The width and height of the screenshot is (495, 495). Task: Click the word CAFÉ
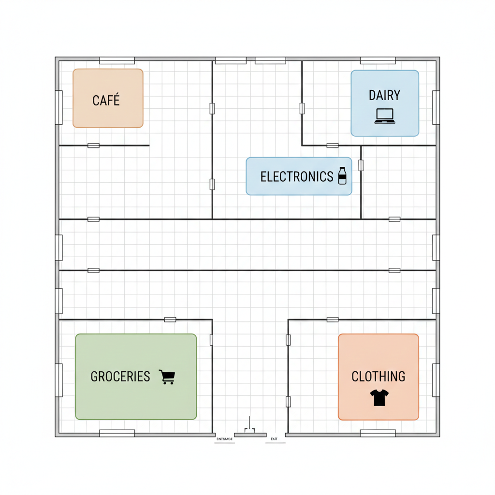pyautogui.click(x=106, y=101)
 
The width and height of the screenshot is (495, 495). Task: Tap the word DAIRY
pyautogui.click(x=384, y=95)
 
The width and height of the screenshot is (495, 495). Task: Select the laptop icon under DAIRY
pyautogui.click(x=385, y=116)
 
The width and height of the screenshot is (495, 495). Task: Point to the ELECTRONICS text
pyautogui.click(x=297, y=177)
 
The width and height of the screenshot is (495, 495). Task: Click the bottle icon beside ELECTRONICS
pyautogui.click(x=342, y=176)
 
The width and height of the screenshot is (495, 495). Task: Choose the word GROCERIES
pyautogui.click(x=120, y=377)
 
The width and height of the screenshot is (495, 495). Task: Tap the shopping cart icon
pyautogui.click(x=167, y=377)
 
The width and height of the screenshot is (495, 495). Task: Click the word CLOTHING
pyautogui.click(x=378, y=377)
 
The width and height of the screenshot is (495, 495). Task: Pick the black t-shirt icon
pyautogui.click(x=379, y=397)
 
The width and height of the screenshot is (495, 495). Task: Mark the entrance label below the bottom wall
pyautogui.click(x=224, y=439)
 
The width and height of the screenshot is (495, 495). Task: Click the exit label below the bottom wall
pyautogui.click(x=275, y=439)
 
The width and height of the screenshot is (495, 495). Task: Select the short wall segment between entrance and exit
pyautogui.click(x=250, y=434)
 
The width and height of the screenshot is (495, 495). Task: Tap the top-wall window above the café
pyautogui.click(x=117, y=60)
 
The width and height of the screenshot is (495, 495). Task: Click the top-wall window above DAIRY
pyautogui.click(x=378, y=60)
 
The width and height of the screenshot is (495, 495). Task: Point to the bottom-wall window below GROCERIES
pyautogui.click(x=117, y=433)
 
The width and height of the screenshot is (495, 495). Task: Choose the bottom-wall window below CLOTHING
pyautogui.click(x=378, y=433)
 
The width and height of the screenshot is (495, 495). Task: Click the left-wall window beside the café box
pyautogui.click(x=59, y=107)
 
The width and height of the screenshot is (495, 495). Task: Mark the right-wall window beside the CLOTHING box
pyautogui.click(x=436, y=380)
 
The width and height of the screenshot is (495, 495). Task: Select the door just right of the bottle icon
pyautogui.click(x=361, y=165)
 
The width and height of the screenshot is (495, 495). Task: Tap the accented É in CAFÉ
pyautogui.click(x=116, y=100)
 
